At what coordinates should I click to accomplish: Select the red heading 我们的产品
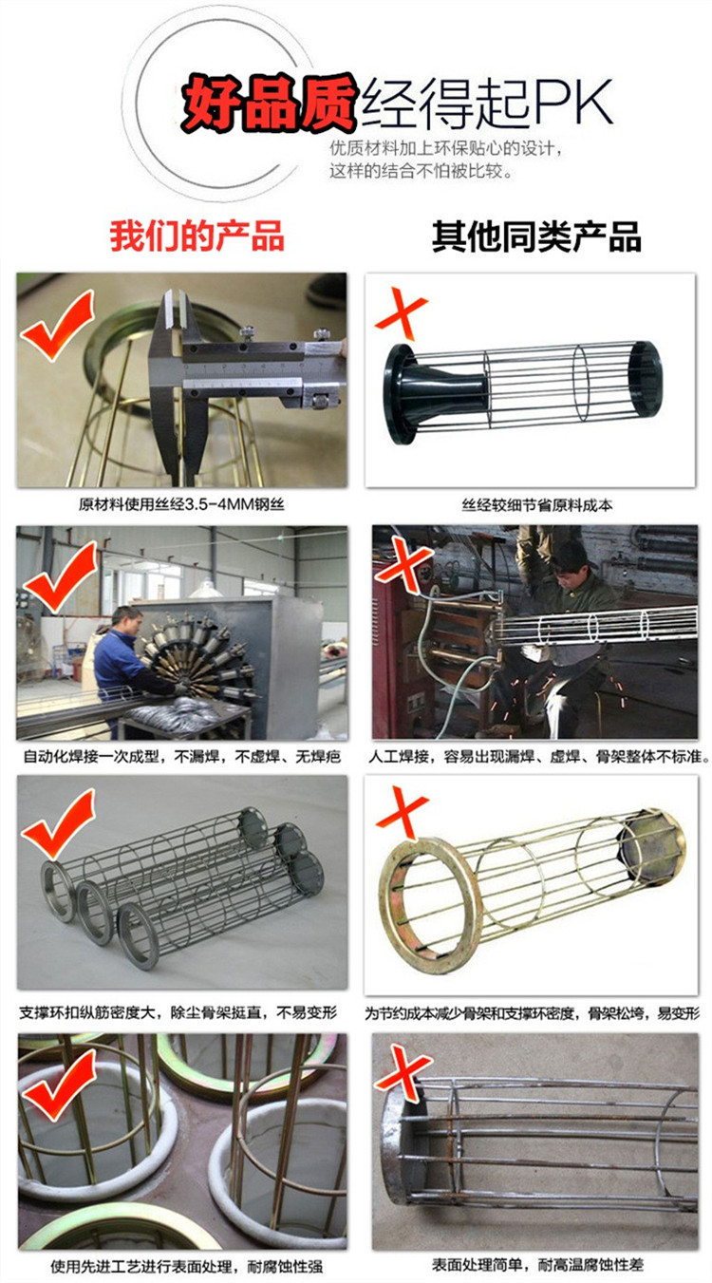[197, 236]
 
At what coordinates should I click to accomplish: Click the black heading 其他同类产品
[536, 236]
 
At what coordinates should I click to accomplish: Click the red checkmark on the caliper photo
[57, 325]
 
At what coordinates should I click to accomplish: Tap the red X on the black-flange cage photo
[401, 313]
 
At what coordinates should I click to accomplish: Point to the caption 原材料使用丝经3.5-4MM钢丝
[181, 504]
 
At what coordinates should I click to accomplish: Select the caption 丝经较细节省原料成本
[537, 505]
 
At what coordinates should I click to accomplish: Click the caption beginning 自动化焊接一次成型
[182, 757]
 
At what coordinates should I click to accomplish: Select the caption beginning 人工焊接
[539, 757]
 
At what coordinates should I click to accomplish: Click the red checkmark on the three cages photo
[58, 824]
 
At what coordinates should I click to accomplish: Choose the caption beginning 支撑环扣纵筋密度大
[178, 1012]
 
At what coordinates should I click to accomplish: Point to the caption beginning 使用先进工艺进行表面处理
[187, 1267]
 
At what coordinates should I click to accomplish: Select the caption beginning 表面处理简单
[537, 1264]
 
